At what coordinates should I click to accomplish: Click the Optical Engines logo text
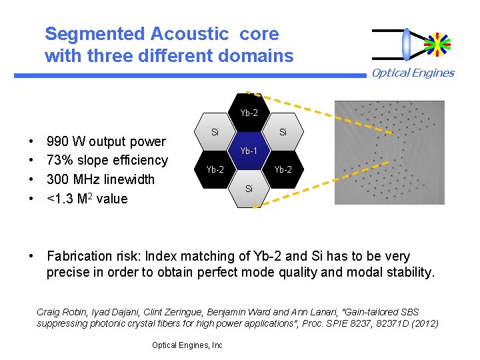(x=413, y=73)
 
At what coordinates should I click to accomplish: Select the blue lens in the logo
(x=407, y=44)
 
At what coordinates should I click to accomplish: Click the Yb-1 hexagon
(x=249, y=151)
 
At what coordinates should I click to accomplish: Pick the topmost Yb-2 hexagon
(x=249, y=113)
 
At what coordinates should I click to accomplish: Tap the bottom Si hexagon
(x=249, y=189)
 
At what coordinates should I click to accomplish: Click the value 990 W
(x=65, y=141)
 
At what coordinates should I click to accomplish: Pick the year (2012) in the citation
(x=424, y=323)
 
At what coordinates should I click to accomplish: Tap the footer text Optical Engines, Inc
(x=187, y=345)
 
